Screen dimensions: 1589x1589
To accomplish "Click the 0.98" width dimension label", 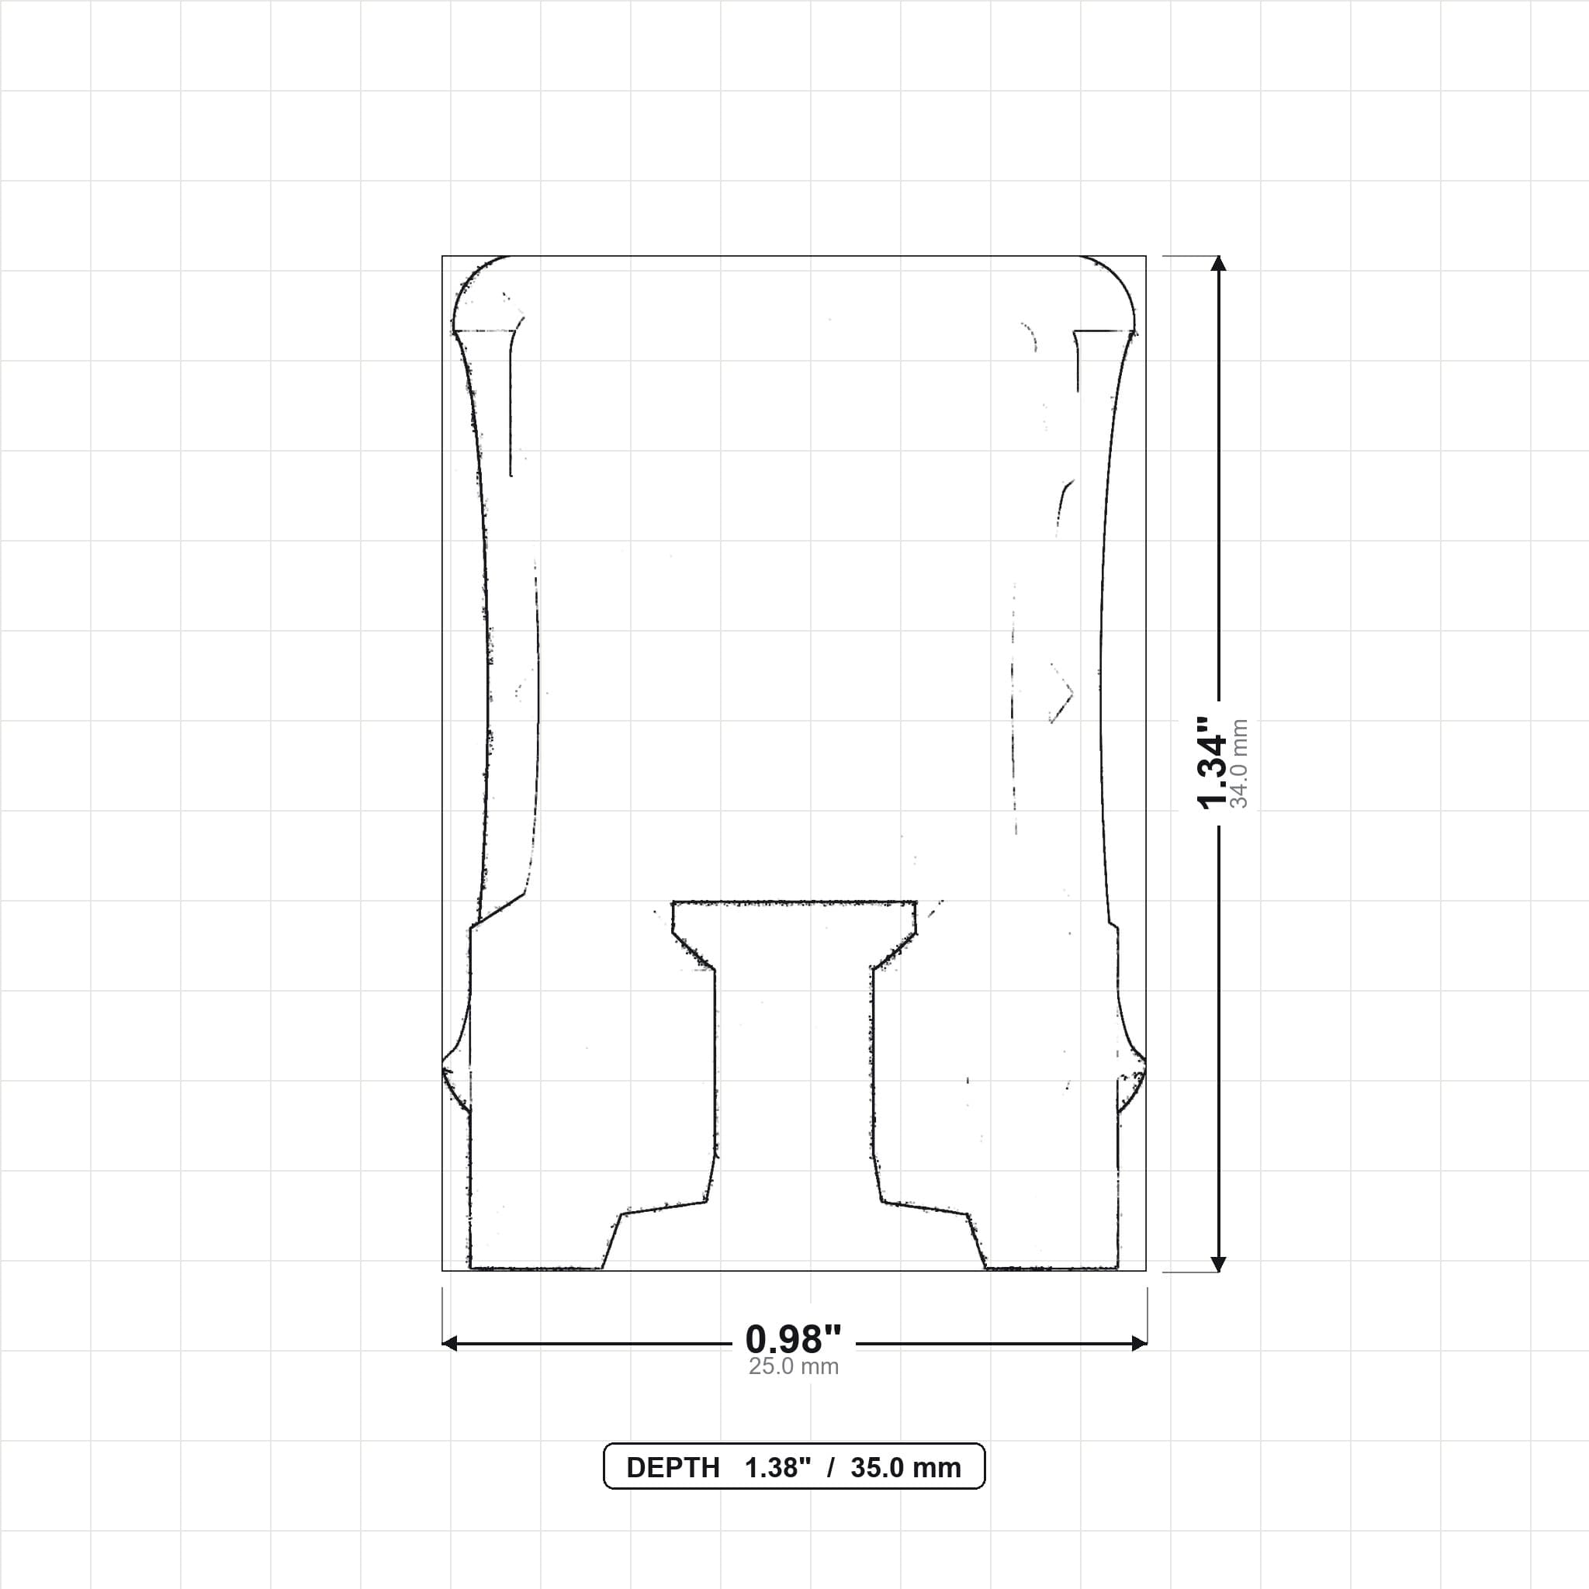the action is [794, 1340].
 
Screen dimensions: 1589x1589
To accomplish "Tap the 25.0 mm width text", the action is [794, 1367].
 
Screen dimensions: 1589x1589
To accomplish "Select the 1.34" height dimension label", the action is [1211, 763].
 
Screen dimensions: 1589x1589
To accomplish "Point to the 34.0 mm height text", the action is [1239, 763].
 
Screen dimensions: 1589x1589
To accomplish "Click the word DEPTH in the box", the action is [673, 1468].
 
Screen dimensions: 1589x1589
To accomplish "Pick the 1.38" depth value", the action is [778, 1468].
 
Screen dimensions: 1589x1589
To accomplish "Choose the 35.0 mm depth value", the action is [905, 1468].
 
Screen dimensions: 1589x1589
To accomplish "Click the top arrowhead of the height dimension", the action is [1219, 263].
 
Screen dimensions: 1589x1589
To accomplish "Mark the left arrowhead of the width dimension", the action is [450, 1344].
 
